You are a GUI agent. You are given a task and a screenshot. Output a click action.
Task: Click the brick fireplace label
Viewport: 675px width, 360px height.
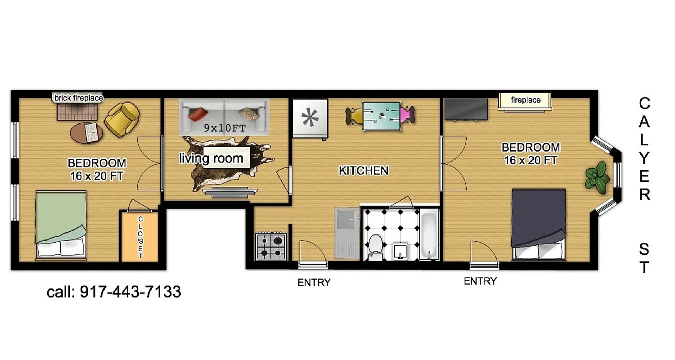coord(79,98)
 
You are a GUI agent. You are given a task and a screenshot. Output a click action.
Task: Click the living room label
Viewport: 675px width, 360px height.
coord(211,158)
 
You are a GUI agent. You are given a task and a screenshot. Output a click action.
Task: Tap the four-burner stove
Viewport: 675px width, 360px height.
coord(271,246)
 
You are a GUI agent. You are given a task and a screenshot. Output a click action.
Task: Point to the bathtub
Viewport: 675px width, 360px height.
coord(429,237)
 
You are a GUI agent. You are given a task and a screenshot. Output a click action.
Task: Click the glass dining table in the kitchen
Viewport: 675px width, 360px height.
coord(381,116)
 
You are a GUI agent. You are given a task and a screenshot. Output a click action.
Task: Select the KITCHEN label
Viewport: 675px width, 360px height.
coord(363,171)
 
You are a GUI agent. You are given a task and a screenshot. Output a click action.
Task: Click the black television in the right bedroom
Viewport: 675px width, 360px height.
coord(466,109)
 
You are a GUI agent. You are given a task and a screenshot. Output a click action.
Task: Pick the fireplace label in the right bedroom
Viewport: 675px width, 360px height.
coord(526,100)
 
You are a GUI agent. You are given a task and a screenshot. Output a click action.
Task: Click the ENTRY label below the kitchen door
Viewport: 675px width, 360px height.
coord(314,283)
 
